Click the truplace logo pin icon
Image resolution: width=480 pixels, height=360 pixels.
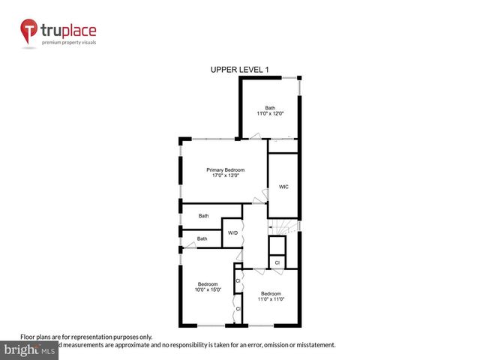(x=28, y=31)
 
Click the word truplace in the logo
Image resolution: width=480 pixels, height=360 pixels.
(x=68, y=31)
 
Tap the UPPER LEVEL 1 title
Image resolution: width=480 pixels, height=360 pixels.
(x=239, y=70)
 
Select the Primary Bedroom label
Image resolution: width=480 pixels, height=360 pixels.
(x=225, y=170)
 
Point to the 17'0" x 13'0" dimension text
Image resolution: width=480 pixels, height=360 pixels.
(x=225, y=176)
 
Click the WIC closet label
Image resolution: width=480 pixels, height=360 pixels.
(x=283, y=187)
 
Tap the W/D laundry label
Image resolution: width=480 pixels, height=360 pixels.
(x=232, y=233)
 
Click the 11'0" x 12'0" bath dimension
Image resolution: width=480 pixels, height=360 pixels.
(x=269, y=113)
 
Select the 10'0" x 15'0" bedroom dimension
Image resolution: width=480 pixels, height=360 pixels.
(x=208, y=290)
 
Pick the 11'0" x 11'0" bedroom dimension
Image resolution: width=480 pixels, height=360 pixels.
(x=271, y=299)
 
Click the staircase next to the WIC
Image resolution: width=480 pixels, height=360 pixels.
(x=284, y=225)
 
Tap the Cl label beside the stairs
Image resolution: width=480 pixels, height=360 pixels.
(x=277, y=263)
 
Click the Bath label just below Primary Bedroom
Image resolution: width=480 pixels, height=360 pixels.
(x=203, y=216)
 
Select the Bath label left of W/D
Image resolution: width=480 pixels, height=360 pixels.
(x=202, y=239)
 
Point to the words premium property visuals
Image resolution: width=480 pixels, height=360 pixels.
(x=68, y=43)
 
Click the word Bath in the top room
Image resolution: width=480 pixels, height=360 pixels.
(x=269, y=107)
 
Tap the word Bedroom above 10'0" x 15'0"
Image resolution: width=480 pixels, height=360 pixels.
(x=208, y=284)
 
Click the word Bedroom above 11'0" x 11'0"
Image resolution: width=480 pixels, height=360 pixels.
(x=271, y=293)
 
